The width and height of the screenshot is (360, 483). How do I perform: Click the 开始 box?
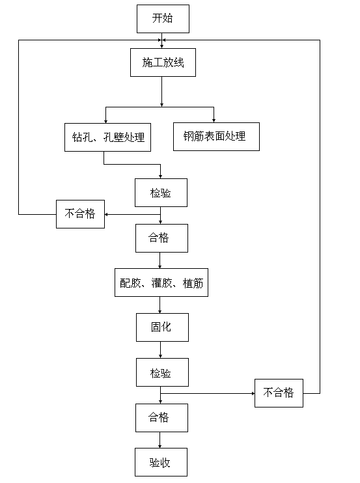coord(162,19)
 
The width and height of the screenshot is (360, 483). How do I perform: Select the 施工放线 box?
coord(161,63)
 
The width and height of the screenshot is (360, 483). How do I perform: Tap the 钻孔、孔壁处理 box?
coord(108,137)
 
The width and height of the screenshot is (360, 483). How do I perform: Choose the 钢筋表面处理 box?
coord(216,136)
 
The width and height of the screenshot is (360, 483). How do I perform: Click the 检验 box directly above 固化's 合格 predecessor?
coord(161,193)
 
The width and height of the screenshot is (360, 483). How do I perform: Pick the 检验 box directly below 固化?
coord(162,373)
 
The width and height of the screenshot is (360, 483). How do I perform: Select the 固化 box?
coord(162,327)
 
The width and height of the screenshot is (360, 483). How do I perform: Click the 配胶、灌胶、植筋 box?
coord(161,283)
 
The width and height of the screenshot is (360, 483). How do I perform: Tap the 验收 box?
coord(161,463)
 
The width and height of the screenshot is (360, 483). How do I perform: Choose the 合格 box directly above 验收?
coord(161,417)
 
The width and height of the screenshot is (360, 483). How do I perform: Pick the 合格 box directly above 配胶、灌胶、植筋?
coord(161,238)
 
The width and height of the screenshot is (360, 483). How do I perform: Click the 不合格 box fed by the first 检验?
coord(80,214)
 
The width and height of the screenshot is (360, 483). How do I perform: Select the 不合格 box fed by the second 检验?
coord(279,393)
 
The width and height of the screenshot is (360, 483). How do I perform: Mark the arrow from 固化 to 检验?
coord(161,350)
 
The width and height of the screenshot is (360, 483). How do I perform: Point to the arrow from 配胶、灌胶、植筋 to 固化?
coord(161,305)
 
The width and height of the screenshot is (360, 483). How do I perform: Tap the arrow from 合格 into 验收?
coord(161,440)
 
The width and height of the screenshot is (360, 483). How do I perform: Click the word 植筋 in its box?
coord(193,283)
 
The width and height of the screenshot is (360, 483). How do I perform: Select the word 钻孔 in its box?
coord(81,137)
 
